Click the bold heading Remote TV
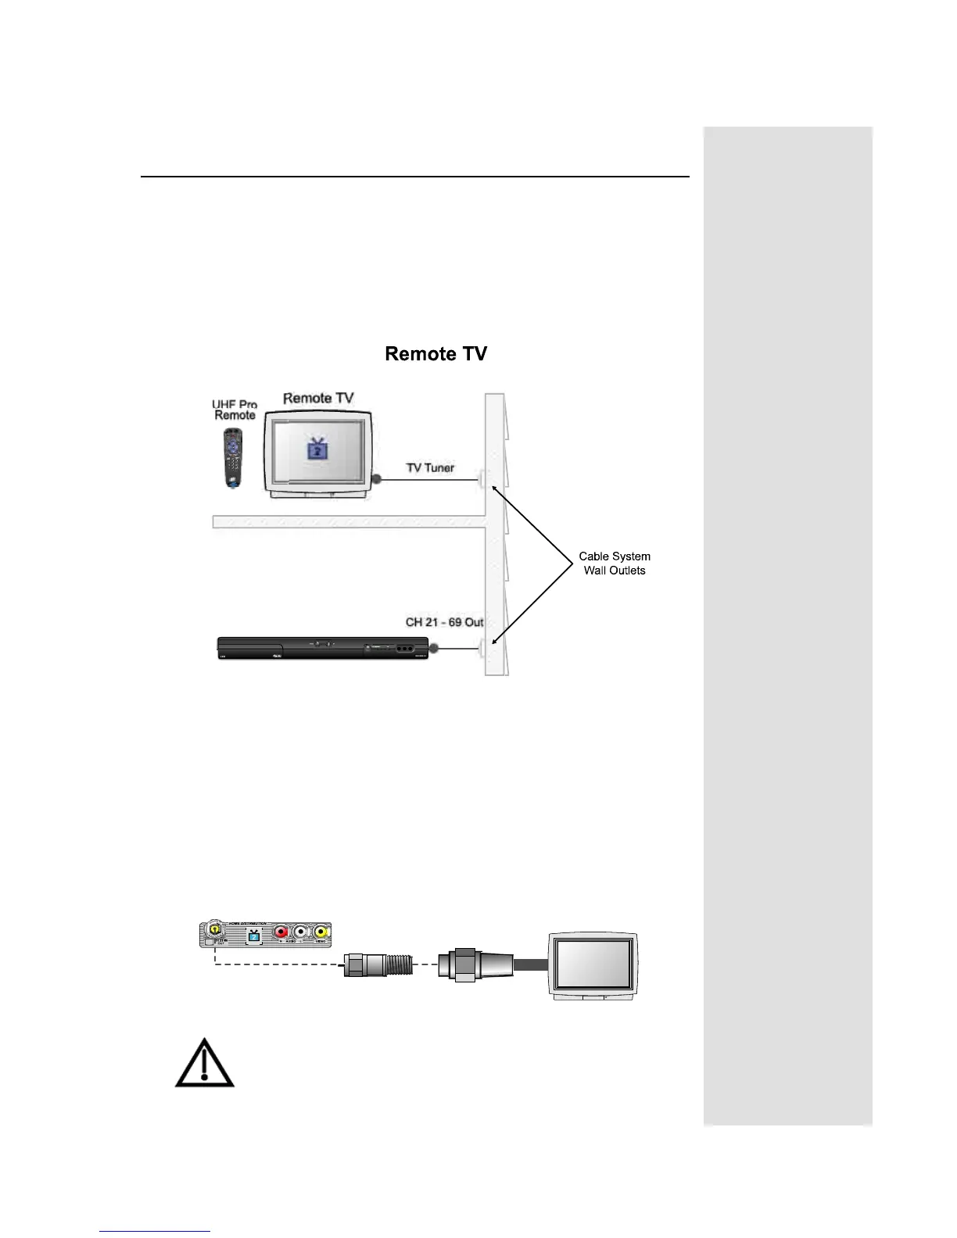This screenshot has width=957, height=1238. tap(435, 354)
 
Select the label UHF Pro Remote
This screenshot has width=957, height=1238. tap(235, 410)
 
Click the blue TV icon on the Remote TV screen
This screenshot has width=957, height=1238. tap(317, 449)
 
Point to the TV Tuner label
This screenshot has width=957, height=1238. tap(430, 468)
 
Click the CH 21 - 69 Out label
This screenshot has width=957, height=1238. tap(444, 622)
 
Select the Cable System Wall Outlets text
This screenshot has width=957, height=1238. tap(615, 564)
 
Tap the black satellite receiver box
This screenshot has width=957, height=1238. tap(322, 648)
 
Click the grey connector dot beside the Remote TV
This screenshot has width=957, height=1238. tap(376, 478)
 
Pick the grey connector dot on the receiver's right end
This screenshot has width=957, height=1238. tap(434, 648)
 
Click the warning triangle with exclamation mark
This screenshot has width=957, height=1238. tap(204, 1064)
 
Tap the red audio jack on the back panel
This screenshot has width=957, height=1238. tap(281, 932)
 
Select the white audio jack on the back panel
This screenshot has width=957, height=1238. tap(301, 932)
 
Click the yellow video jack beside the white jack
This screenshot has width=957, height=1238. tap(321, 932)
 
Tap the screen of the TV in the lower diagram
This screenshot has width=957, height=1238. tap(593, 964)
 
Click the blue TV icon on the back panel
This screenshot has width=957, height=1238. tap(253, 934)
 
